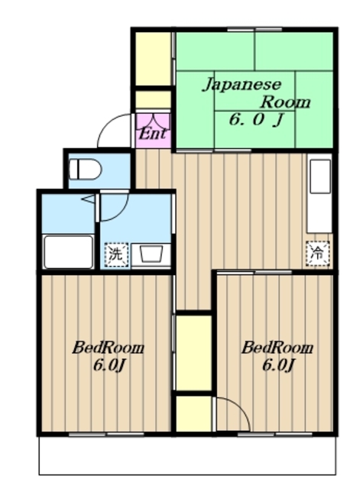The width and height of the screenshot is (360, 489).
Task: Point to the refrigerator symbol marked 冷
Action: [x=316, y=254]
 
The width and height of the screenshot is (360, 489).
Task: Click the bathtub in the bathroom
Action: [x=67, y=251]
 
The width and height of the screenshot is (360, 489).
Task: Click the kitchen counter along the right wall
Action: [x=320, y=196]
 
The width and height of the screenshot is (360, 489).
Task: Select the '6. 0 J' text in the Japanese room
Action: [x=256, y=119]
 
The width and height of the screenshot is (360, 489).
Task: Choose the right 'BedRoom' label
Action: [x=277, y=348]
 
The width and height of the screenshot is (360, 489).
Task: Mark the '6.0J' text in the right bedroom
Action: [x=277, y=366]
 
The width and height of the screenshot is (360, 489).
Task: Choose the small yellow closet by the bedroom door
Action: [x=193, y=413]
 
